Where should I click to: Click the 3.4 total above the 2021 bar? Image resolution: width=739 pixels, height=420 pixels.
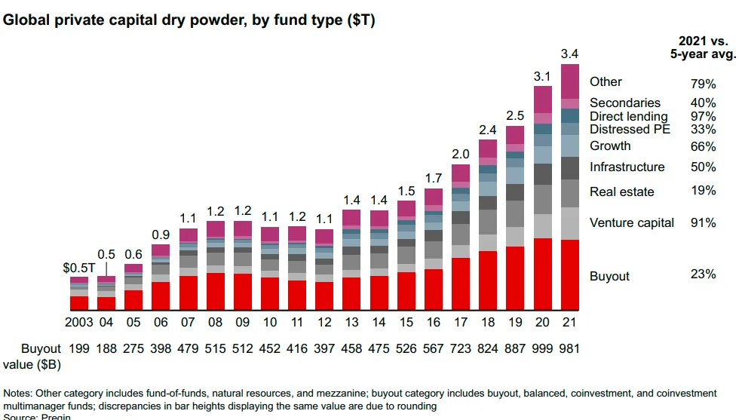570,54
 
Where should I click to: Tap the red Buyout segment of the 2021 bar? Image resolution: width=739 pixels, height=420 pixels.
570,275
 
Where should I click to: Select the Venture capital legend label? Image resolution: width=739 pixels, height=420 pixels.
632,222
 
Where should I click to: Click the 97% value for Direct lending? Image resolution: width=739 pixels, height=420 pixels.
703,116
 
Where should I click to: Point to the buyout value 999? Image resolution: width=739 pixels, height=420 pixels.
543,348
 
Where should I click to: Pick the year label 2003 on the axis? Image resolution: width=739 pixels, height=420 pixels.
79,323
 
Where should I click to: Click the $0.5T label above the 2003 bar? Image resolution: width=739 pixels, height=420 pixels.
78,267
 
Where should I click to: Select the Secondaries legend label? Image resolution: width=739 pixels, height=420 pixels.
625,103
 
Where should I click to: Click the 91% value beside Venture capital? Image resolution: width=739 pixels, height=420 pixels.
703,222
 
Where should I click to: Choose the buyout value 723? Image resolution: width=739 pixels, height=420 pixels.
461,348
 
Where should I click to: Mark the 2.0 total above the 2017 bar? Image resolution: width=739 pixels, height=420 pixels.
461,154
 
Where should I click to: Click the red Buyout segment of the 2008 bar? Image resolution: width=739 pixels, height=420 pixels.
216,292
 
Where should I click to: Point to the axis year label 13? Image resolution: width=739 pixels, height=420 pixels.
351,323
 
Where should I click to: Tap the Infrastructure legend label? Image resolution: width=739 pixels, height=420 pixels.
627,167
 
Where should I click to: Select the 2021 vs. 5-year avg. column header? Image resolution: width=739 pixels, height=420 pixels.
703,47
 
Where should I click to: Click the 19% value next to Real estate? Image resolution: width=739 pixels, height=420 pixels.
703,191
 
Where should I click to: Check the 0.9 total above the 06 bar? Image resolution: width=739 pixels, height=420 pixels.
161,235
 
